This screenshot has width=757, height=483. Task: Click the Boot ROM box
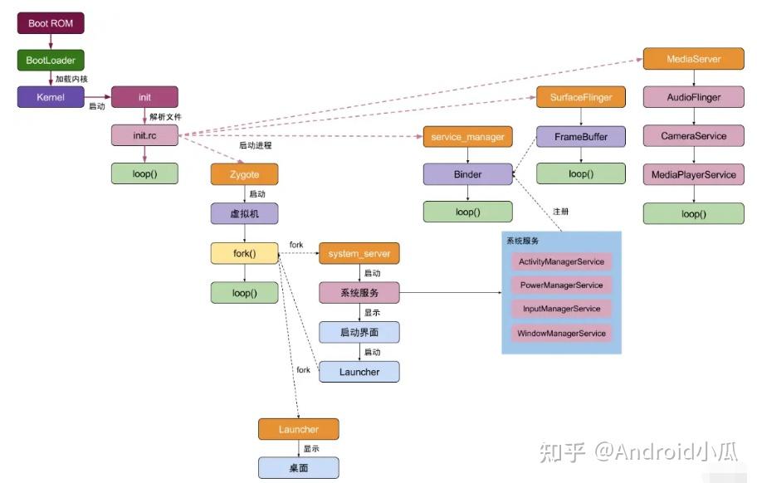click(x=51, y=23)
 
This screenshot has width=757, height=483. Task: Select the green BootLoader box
click(x=51, y=61)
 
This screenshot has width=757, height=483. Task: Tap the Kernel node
click(x=51, y=97)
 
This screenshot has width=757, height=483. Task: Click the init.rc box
click(x=144, y=135)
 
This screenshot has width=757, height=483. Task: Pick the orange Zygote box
click(x=244, y=175)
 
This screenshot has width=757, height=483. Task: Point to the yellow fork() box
click(x=244, y=253)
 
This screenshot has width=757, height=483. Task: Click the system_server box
click(x=359, y=253)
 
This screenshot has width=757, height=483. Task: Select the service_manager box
click(x=467, y=136)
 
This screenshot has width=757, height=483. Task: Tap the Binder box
click(x=467, y=174)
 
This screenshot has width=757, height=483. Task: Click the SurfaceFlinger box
click(x=580, y=97)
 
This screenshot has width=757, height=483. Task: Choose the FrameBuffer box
click(x=580, y=136)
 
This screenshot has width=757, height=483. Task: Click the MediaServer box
click(x=693, y=60)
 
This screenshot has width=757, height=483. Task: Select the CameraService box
click(x=693, y=136)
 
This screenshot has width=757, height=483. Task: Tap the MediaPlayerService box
click(x=693, y=174)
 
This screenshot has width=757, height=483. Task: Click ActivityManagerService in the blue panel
click(x=561, y=261)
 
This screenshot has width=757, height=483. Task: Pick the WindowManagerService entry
click(x=561, y=334)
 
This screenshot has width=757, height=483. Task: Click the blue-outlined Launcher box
click(x=359, y=372)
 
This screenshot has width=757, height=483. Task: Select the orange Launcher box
click(x=298, y=429)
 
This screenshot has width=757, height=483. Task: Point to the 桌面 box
click(x=298, y=468)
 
